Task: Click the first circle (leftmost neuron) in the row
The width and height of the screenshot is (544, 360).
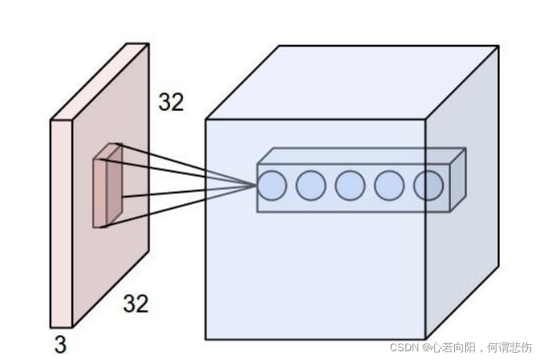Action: coord(271,185)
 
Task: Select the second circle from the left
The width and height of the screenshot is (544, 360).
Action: coord(311,185)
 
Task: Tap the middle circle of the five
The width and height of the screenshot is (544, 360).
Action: coord(350,185)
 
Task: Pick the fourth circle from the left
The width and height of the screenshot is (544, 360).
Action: coord(389,185)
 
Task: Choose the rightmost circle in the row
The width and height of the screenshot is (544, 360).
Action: coord(428,185)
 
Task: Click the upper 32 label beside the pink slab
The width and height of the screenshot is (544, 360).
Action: coord(170,103)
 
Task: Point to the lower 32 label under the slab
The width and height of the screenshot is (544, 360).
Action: coord(136,303)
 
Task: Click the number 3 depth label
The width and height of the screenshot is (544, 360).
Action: coord(59,346)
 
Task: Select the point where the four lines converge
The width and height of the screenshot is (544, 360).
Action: coord(257,185)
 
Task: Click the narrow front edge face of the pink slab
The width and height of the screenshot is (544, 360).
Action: coord(61,224)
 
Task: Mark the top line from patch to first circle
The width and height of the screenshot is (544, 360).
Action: coord(189,164)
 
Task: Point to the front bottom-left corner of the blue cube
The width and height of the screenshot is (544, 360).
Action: coord(206,338)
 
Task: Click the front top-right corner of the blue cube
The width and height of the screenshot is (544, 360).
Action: coord(424,120)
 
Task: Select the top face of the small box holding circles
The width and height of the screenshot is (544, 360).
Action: coord(361,156)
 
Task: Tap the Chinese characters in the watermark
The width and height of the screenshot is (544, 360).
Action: coord(482,347)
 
